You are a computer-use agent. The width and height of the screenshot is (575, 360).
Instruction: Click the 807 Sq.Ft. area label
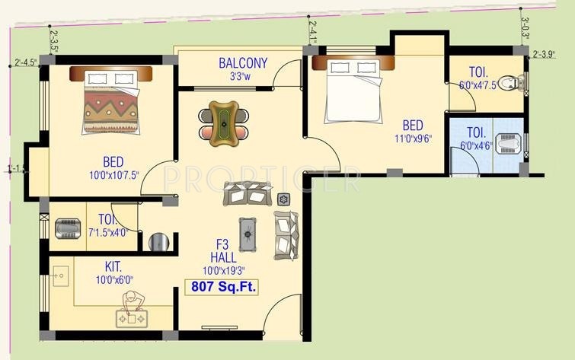coord(222,288)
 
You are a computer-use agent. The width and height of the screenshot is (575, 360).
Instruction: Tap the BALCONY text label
coord(243,62)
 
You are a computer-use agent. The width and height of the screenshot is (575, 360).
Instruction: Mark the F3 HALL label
coord(222,251)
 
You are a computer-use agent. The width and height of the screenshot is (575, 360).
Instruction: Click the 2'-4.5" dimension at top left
coord(25,62)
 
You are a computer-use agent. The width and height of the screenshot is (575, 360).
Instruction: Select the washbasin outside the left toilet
coord(158,242)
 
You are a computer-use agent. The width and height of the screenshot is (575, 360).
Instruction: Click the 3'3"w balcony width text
coord(242,77)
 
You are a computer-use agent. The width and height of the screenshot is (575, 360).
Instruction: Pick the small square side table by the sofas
coord(284,199)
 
